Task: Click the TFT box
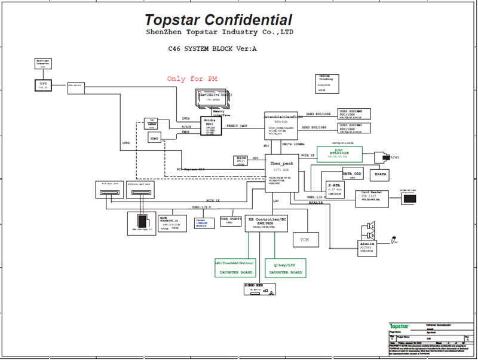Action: point(43,85)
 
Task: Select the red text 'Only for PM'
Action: point(192,79)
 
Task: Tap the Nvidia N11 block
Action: point(211,126)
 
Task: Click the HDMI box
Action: point(155,139)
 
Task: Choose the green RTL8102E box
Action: point(339,154)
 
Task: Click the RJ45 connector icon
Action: point(384,157)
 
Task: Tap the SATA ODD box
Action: point(352,174)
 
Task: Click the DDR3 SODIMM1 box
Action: point(354,129)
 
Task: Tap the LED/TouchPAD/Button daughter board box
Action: point(234,267)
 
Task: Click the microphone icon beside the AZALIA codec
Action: point(395,240)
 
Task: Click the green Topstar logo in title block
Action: point(400,325)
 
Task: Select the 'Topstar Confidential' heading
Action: point(219,20)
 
